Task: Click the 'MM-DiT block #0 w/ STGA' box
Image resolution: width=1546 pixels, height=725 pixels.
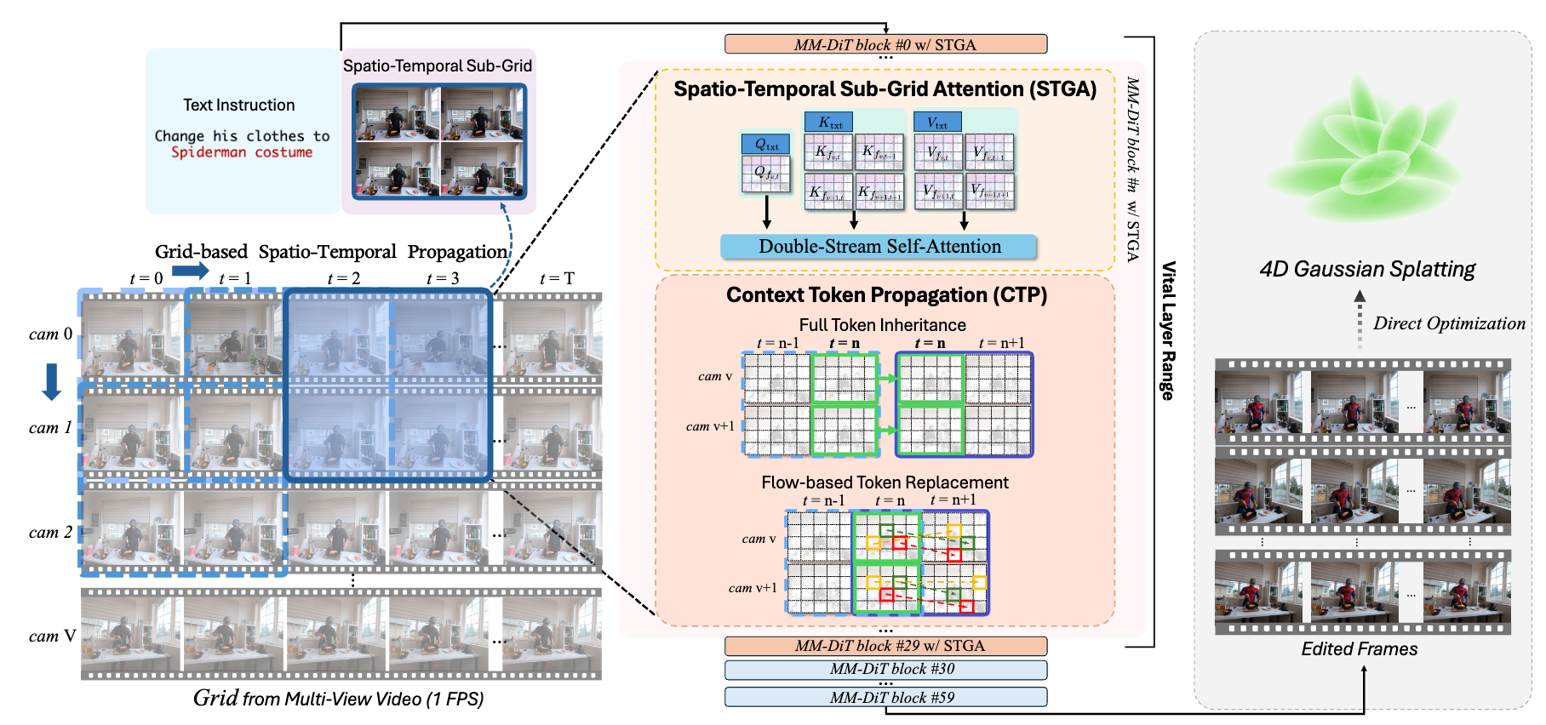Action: tap(885, 44)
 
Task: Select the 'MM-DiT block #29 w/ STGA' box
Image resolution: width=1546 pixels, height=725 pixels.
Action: tap(885, 646)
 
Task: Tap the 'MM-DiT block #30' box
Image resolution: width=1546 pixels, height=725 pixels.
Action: tap(885, 670)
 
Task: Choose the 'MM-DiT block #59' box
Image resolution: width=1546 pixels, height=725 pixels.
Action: tap(885, 698)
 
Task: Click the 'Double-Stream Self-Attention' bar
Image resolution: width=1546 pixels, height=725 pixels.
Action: tap(879, 247)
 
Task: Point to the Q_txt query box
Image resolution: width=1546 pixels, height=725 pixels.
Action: tap(766, 145)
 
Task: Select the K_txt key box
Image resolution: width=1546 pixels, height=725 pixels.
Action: tap(830, 123)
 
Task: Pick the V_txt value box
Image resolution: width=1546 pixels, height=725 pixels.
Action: tap(937, 123)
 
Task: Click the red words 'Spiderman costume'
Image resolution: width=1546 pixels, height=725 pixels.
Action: tap(242, 152)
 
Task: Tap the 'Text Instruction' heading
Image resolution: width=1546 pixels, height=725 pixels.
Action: tap(239, 106)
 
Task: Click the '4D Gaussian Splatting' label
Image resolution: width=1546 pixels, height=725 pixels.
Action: tap(1367, 270)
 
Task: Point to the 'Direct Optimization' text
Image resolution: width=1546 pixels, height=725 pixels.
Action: tap(1449, 323)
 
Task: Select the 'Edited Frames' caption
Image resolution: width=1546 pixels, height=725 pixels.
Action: tap(1360, 649)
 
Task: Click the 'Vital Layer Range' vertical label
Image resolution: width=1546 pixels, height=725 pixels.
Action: tap(1169, 330)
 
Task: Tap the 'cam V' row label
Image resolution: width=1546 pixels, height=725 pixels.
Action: tap(52, 637)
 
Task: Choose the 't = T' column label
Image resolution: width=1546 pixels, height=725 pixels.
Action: tap(557, 278)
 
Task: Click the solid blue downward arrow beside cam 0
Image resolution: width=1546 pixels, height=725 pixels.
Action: tap(52, 381)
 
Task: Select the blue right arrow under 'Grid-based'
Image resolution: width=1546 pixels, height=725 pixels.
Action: tap(190, 271)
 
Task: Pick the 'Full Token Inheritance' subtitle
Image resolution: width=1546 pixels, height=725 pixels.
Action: tap(882, 325)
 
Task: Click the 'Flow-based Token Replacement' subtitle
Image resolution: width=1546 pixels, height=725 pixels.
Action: tap(885, 482)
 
